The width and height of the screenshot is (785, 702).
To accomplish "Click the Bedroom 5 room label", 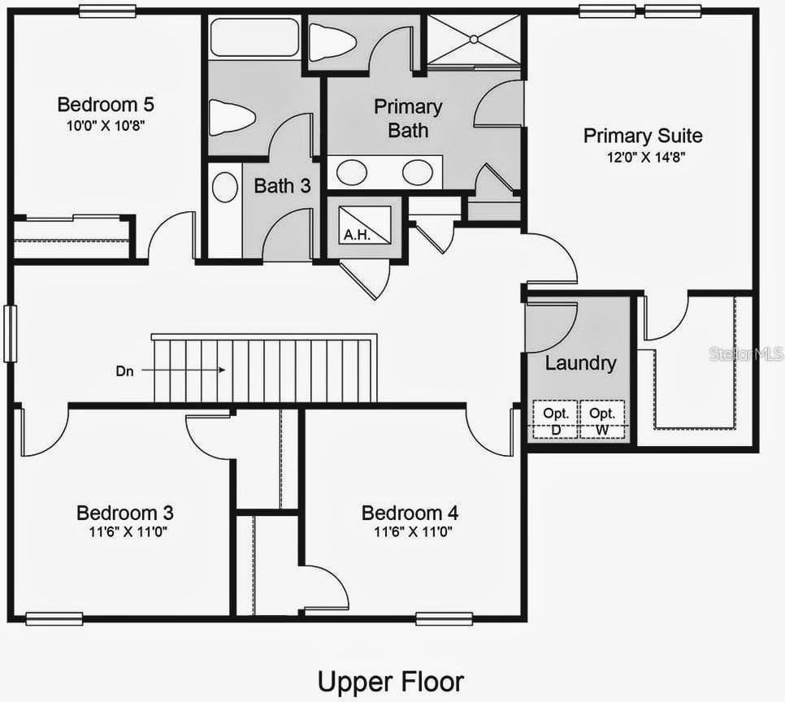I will coord(106,105).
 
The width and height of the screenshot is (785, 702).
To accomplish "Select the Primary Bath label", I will coord(408,118).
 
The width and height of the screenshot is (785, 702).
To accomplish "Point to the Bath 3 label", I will coord(282,186).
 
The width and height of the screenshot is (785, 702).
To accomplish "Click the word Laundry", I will coord(580,363).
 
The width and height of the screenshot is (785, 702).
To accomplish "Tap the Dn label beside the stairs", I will coord(124,370).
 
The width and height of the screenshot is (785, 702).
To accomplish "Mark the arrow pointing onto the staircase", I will coord(187,370).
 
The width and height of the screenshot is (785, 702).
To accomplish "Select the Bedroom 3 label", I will coord(124,513).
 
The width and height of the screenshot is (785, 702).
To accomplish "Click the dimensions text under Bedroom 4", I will coord(413,533).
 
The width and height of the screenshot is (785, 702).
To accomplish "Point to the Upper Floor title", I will coord(391,681).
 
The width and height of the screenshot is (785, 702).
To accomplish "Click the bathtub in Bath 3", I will coord(255,37).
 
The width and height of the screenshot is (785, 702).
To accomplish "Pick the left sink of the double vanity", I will coord(352,172).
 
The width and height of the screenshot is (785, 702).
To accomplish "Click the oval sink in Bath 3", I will coord(225,187).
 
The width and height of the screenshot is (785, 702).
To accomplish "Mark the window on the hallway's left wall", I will coord(10,333).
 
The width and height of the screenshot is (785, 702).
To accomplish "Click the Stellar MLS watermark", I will coord(746,354).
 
